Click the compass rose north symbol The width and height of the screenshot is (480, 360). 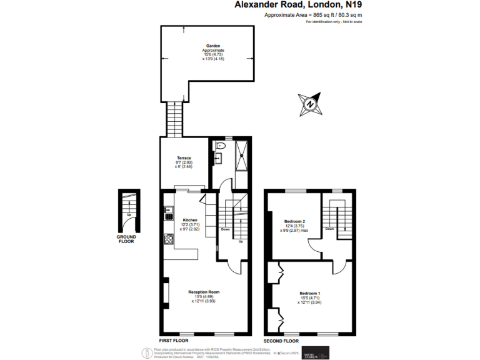click(x=310, y=104)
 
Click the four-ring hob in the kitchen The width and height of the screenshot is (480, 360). click(x=168, y=239)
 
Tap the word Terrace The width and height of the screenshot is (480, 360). click(x=183, y=158)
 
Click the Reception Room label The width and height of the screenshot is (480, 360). click(x=204, y=292)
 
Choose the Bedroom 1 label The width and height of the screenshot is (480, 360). click(x=309, y=294)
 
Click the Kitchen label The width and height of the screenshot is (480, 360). click(x=190, y=220)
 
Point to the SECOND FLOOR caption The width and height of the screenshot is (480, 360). click(x=281, y=341)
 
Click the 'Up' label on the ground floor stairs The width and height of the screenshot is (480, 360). click(x=129, y=215)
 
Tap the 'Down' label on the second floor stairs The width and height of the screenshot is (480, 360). click(x=330, y=229)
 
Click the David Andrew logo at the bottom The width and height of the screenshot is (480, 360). click(x=315, y=352)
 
